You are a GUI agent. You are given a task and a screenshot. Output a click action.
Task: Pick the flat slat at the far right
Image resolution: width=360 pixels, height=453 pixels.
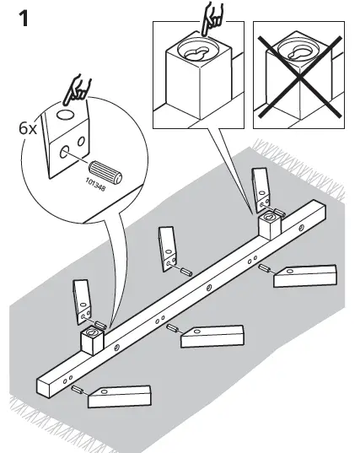(x=305, y=275)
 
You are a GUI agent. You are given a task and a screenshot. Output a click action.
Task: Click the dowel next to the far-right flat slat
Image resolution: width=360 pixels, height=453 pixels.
(x=264, y=270)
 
